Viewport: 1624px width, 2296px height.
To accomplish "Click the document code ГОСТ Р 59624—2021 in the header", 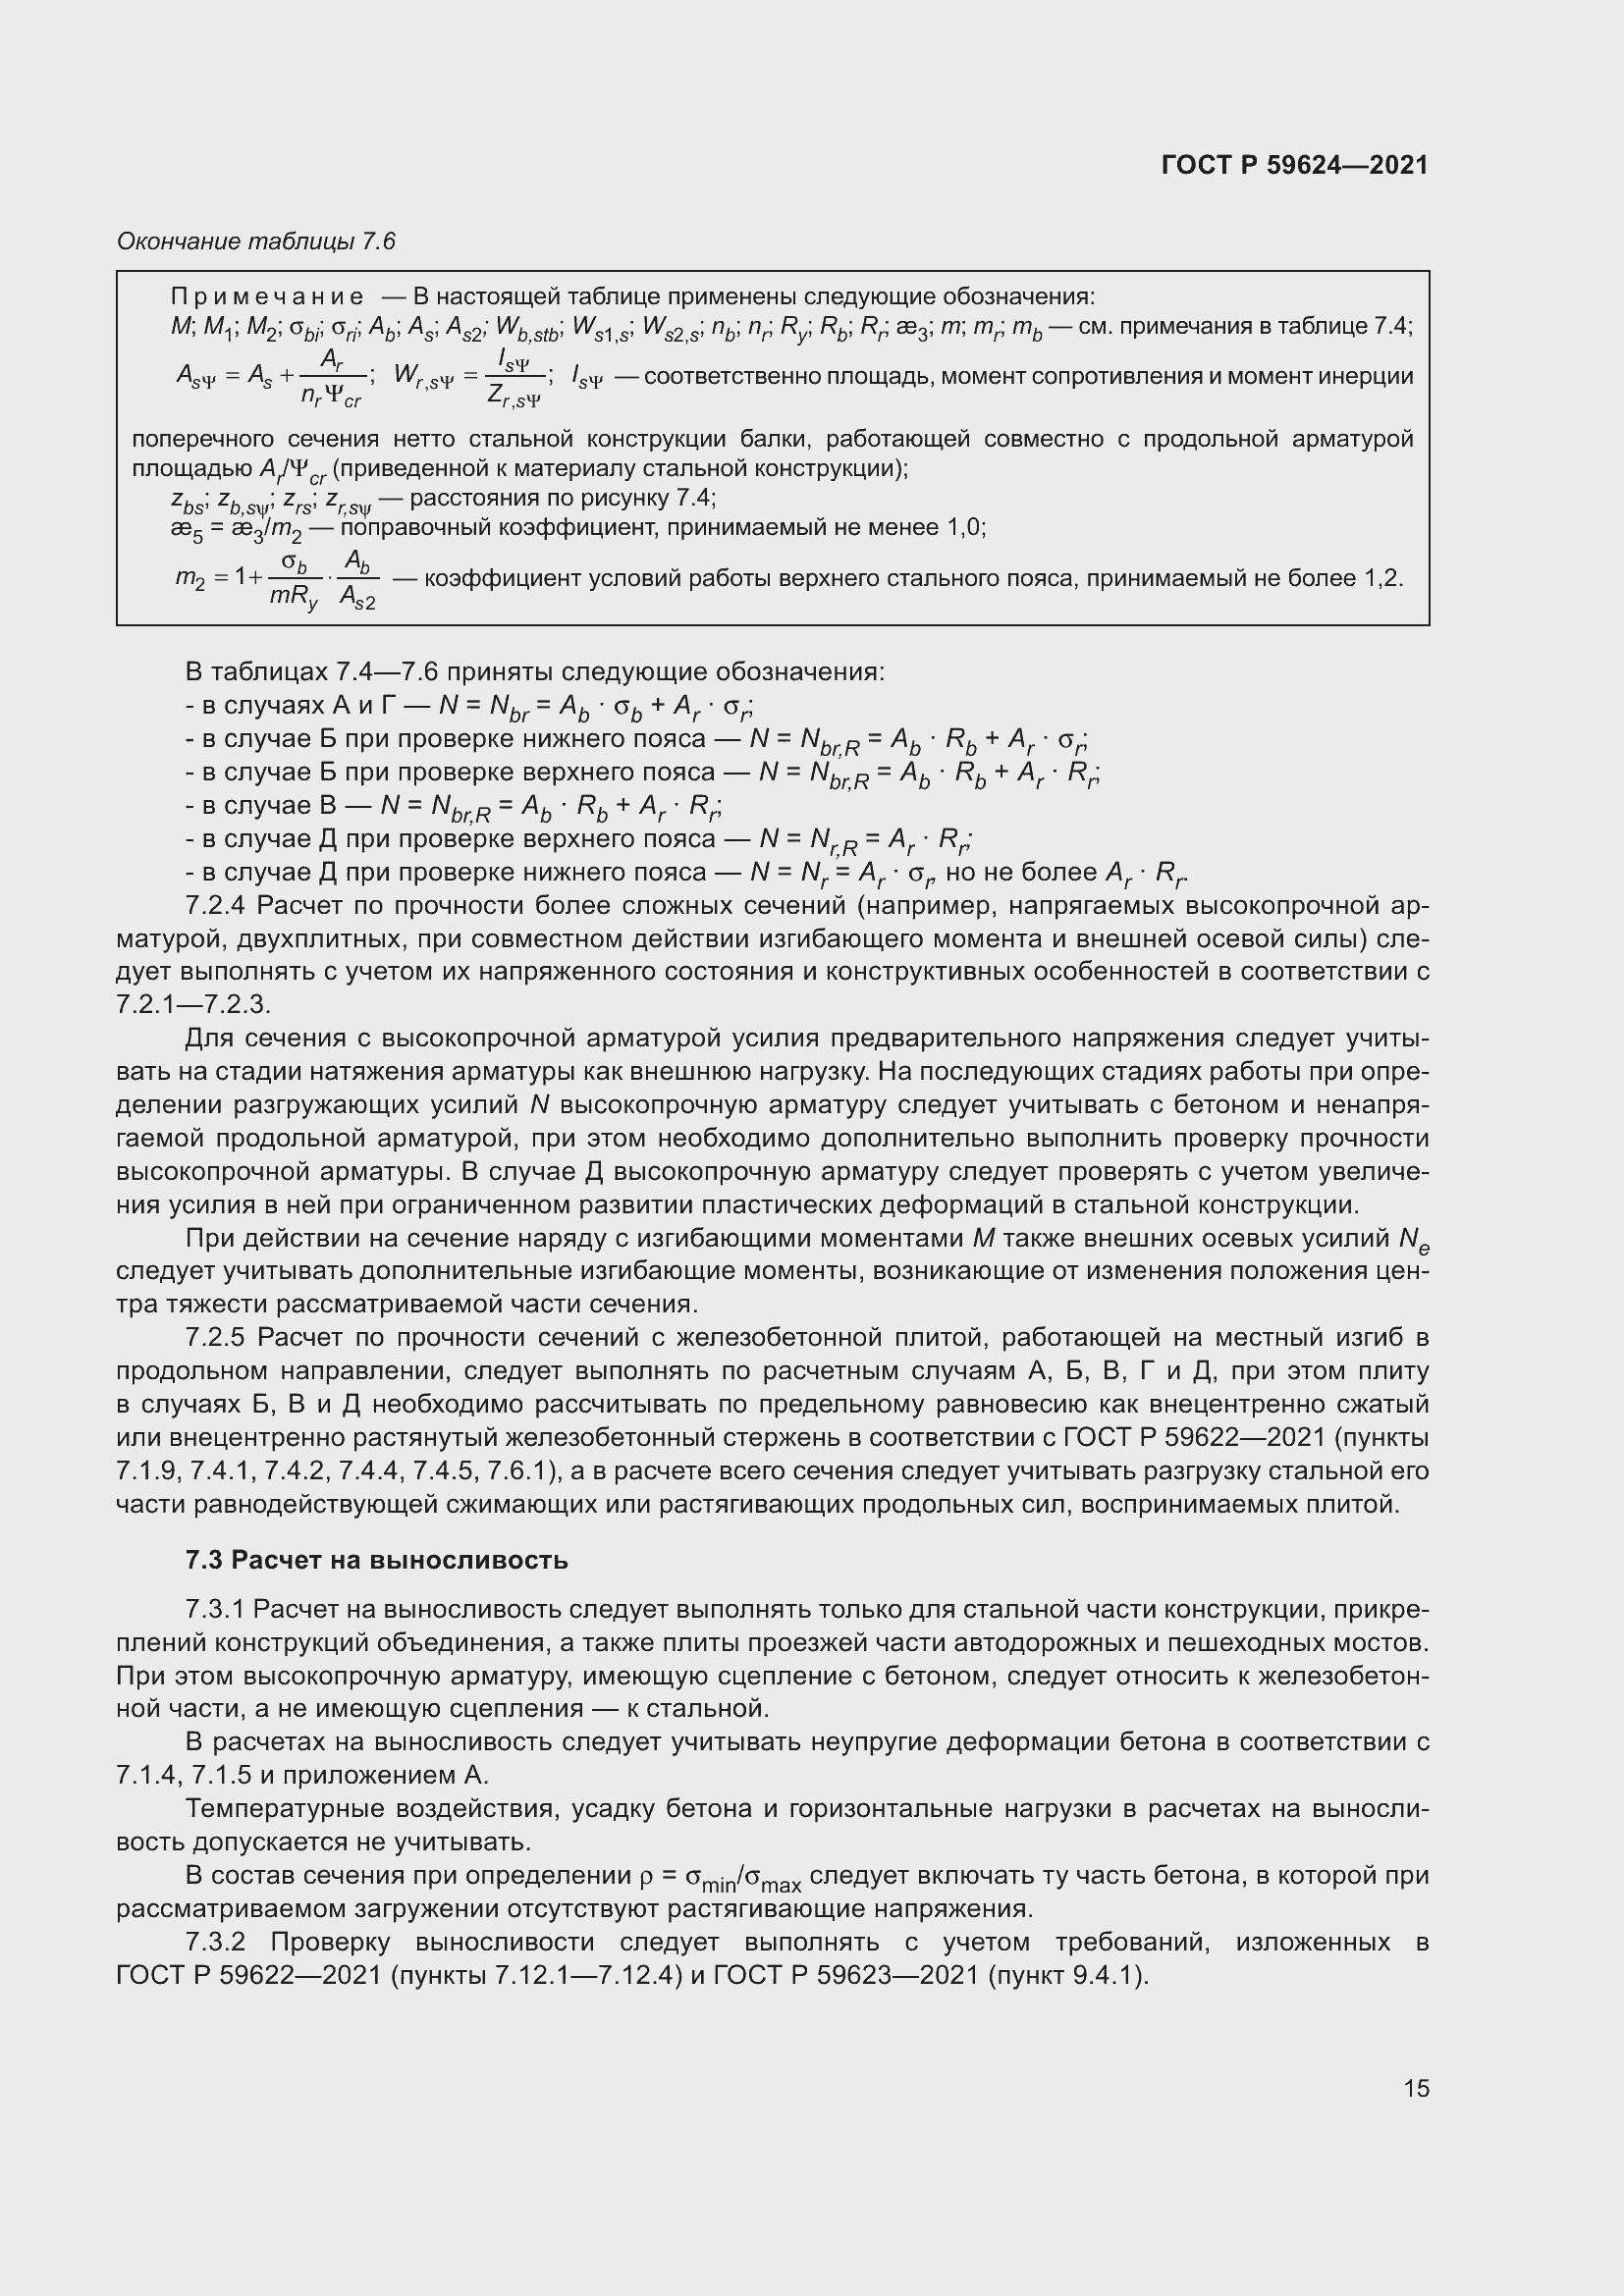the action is [x=1294, y=165].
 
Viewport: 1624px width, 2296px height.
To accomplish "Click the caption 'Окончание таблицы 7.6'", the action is [x=256, y=241].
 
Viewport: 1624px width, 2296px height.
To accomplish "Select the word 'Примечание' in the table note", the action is [x=267, y=297].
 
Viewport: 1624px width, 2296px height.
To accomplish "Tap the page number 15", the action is [x=1416, y=2088].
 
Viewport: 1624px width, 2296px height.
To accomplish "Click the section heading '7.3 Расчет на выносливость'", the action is [x=377, y=1560].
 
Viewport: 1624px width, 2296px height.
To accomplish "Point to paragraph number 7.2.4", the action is [x=215, y=906].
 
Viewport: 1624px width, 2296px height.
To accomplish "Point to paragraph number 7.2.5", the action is [x=215, y=1338].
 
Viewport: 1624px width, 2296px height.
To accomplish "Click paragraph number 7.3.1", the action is [x=215, y=1609].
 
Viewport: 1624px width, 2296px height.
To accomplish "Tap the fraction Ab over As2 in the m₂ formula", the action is [x=357, y=580].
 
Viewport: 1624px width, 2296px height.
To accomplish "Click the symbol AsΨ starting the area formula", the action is [x=195, y=377].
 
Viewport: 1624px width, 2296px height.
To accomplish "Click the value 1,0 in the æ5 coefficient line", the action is [x=965, y=527].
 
